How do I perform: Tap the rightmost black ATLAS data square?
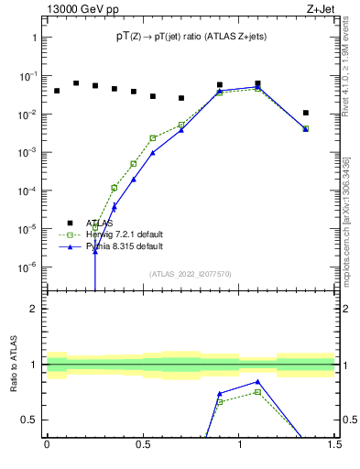point(306,113)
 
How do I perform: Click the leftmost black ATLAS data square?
point(57,91)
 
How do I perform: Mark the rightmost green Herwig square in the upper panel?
point(306,128)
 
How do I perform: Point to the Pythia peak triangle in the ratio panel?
point(257,382)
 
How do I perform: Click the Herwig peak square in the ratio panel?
point(257,392)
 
